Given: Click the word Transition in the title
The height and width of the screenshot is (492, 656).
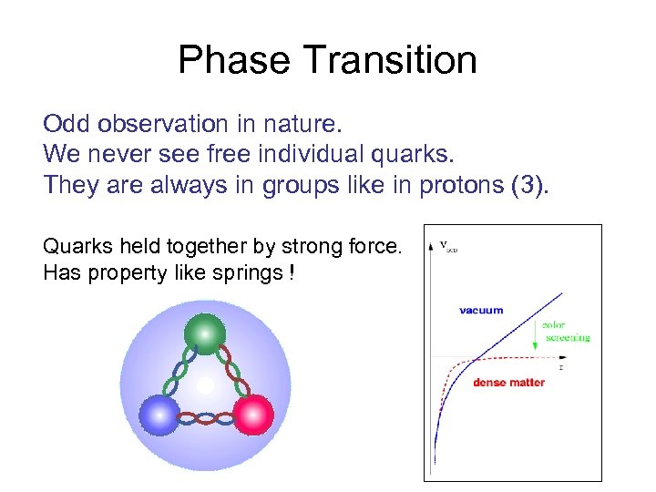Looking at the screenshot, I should (x=390, y=60).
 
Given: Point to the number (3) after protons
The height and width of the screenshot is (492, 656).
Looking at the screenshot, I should (x=532, y=185).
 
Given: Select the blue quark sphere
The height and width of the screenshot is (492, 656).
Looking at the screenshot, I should (x=159, y=415).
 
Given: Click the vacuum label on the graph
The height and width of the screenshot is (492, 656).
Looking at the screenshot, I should (x=481, y=310).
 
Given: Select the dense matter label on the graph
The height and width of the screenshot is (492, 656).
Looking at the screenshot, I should (x=508, y=383).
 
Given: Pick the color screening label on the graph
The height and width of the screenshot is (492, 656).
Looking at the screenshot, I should (x=566, y=331).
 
